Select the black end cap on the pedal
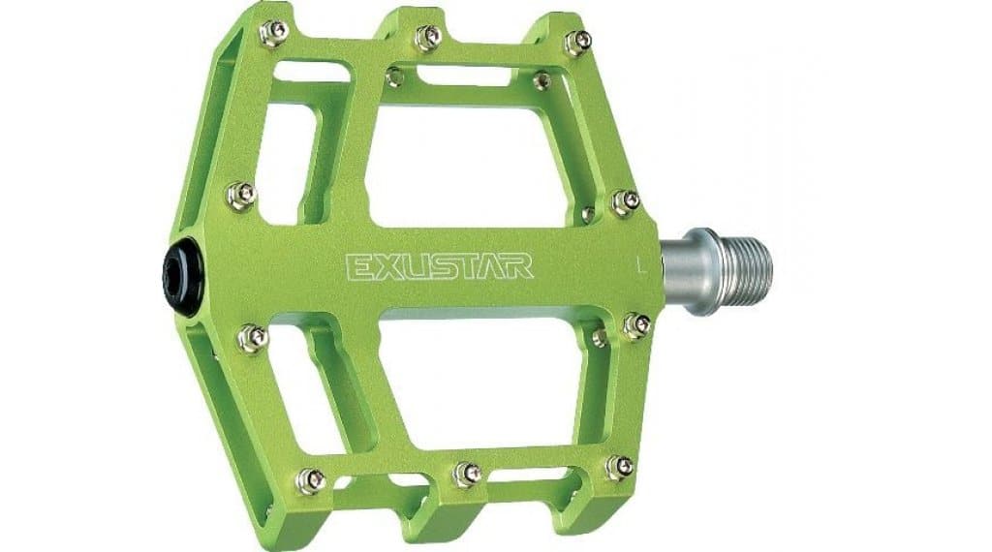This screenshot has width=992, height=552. pyautogui.click(x=177, y=273)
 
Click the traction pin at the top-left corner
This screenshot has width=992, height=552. pyautogui.click(x=274, y=33)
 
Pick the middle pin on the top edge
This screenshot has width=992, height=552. pyautogui.click(x=427, y=38)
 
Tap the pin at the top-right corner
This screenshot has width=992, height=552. pyautogui.click(x=577, y=42)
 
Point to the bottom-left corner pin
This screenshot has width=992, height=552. pyautogui.click(x=310, y=478)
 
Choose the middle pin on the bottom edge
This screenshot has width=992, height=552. pyautogui.click(x=467, y=474)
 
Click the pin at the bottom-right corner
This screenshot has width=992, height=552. pyautogui.click(x=619, y=467)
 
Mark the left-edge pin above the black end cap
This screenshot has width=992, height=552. pyautogui.click(x=241, y=195)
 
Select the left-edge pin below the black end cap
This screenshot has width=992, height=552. pyautogui.click(x=253, y=338)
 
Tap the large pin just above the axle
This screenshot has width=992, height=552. pyautogui.click(x=625, y=201)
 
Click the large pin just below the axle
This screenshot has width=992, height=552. pyautogui.click(x=636, y=325)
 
